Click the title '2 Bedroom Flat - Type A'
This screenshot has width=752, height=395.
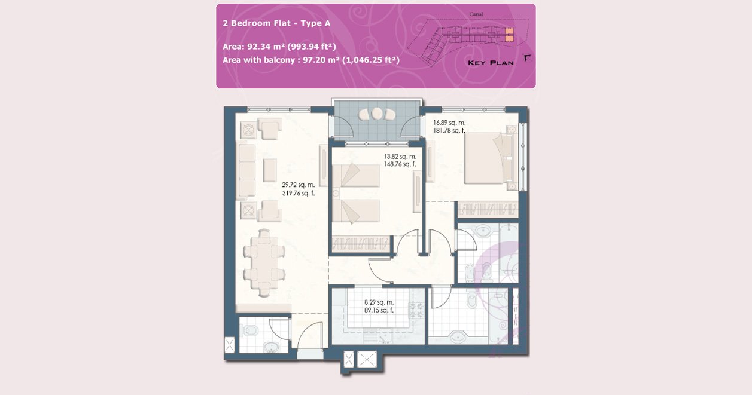point(276,23)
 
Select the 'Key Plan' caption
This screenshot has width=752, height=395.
point(491,63)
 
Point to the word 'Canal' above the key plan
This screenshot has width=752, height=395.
point(476,14)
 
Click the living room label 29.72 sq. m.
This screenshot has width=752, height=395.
point(298,185)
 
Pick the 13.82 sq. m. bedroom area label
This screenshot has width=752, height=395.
point(400,156)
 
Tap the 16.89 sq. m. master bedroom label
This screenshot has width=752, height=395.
point(449,123)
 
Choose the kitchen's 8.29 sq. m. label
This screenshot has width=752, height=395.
point(379,302)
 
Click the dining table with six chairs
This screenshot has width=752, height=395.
point(264,263)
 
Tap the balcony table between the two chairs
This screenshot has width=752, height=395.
point(377,114)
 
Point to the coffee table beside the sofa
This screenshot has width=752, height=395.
point(270,170)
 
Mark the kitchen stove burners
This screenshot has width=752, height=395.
point(416,310)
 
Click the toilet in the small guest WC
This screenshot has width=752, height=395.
point(251,330)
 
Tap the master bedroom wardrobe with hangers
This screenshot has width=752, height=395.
point(488,209)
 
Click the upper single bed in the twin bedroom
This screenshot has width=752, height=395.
point(356,175)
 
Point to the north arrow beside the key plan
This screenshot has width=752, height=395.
point(527,58)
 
